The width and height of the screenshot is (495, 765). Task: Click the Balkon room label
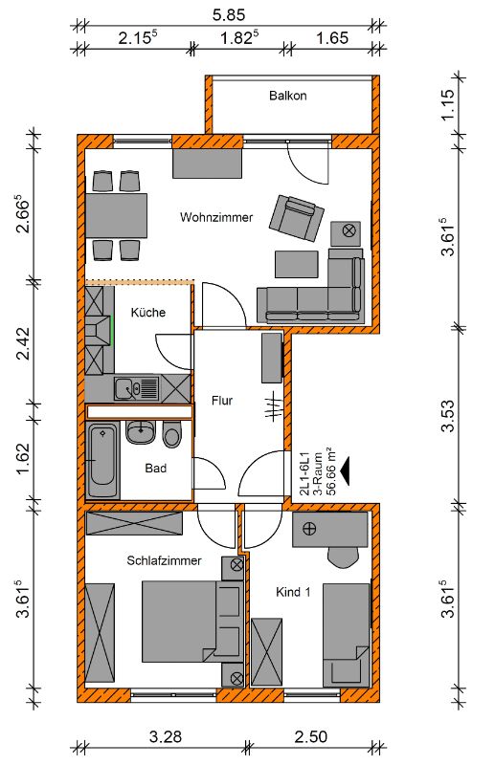click(288, 95)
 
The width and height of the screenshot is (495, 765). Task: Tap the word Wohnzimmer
click(216, 217)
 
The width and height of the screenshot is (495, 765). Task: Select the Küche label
click(148, 313)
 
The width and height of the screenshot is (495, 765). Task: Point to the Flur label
click(222, 401)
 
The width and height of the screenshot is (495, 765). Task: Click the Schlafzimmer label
click(164, 560)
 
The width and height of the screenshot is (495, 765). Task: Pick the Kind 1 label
click(293, 592)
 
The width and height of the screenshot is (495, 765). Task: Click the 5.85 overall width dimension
click(229, 15)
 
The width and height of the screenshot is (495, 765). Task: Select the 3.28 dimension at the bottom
click(166, 736)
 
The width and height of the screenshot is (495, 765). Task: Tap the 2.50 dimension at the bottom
click(311, 736)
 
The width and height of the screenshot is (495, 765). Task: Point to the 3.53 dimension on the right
click(447, 416)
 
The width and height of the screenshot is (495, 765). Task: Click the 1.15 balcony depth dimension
click(447, 104)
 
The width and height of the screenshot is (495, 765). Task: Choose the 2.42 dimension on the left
click(23, 343)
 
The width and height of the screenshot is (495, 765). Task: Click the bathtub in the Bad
click(102, 461)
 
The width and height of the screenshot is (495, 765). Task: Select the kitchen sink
click(137, 389)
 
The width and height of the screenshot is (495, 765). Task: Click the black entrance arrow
click(346, 470)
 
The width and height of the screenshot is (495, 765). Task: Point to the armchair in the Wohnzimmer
click(297, 217)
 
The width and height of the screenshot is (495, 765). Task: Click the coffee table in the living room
click(297, 264)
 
